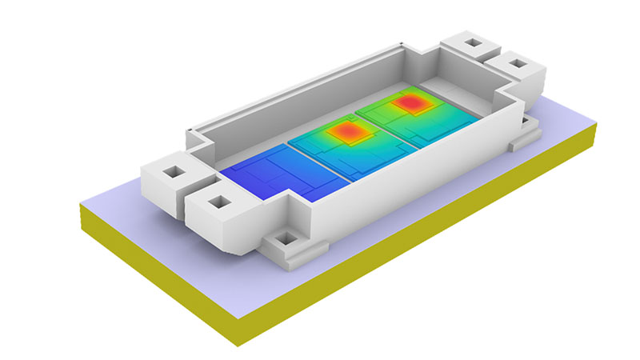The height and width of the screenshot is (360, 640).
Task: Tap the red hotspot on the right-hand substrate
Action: click(x=413, y=103)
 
